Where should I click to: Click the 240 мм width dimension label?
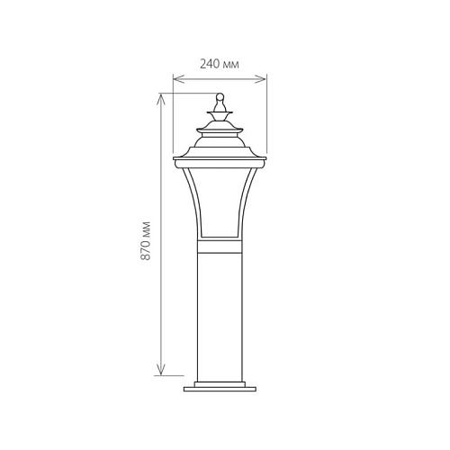[x=220, y=65]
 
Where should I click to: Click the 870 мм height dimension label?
[x=146, y=240]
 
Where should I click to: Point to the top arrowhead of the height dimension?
[x=161, y=99]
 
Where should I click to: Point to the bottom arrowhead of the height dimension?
[x=161, y=369]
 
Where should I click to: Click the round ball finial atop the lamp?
[x=220, y=96]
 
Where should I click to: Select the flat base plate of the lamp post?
[x=220, y=389]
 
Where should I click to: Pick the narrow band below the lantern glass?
[x=220, y=247]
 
